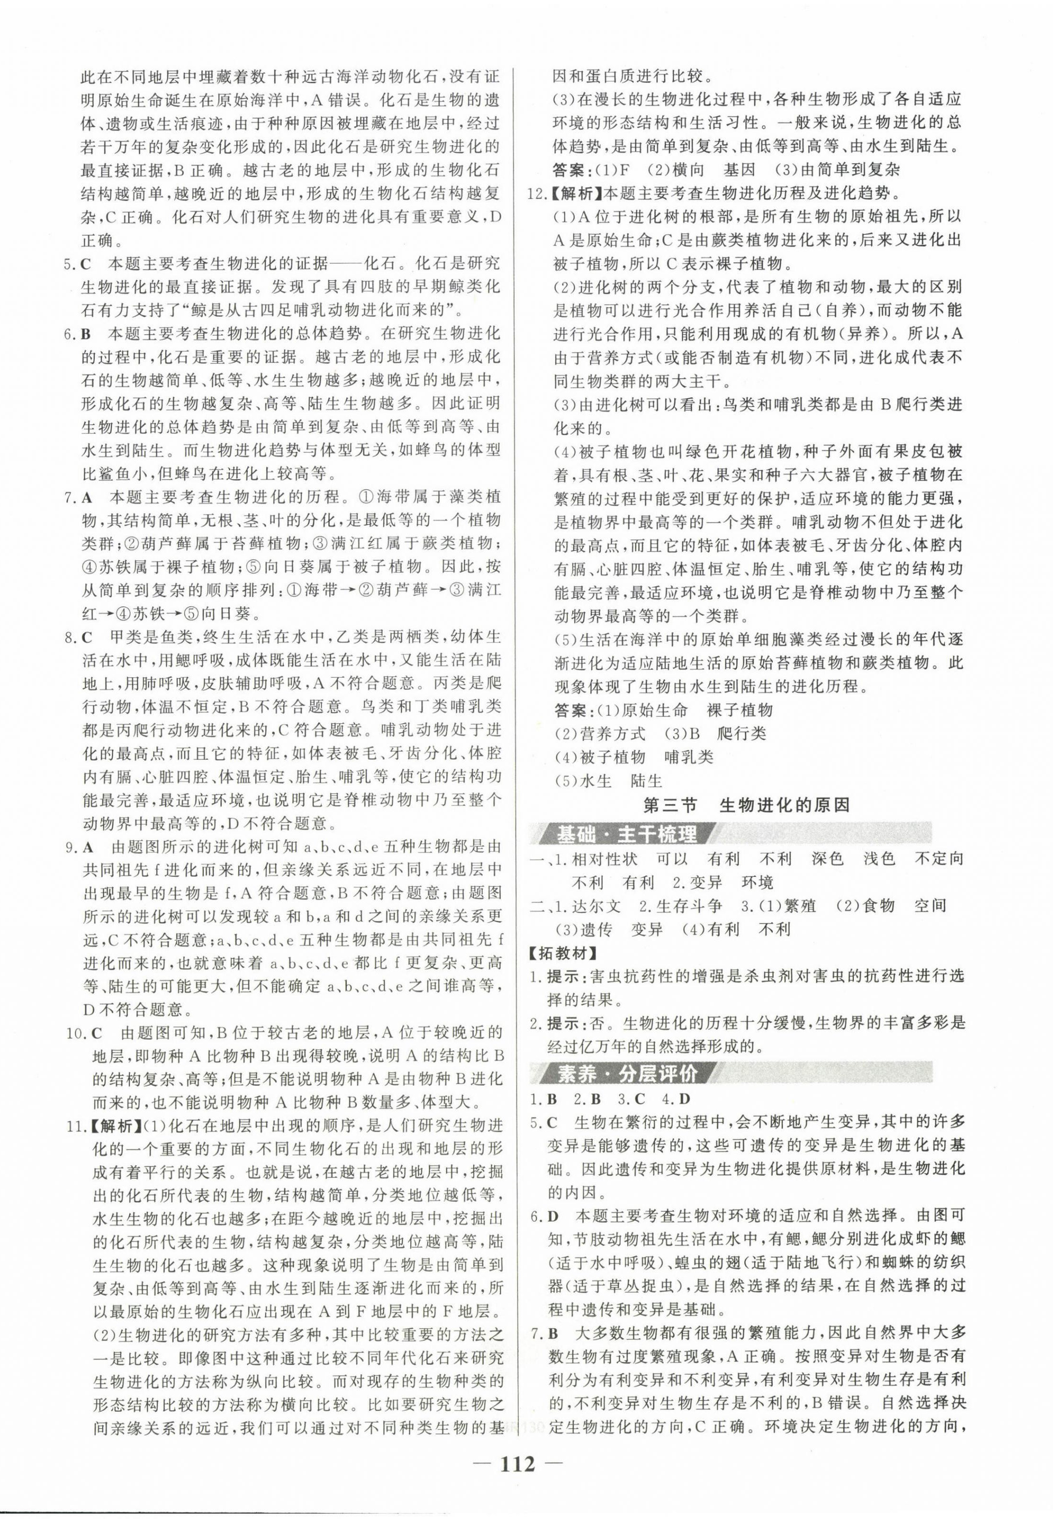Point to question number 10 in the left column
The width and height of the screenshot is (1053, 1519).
coord(74,1032)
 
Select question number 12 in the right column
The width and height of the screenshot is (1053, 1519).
coord(538,194)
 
